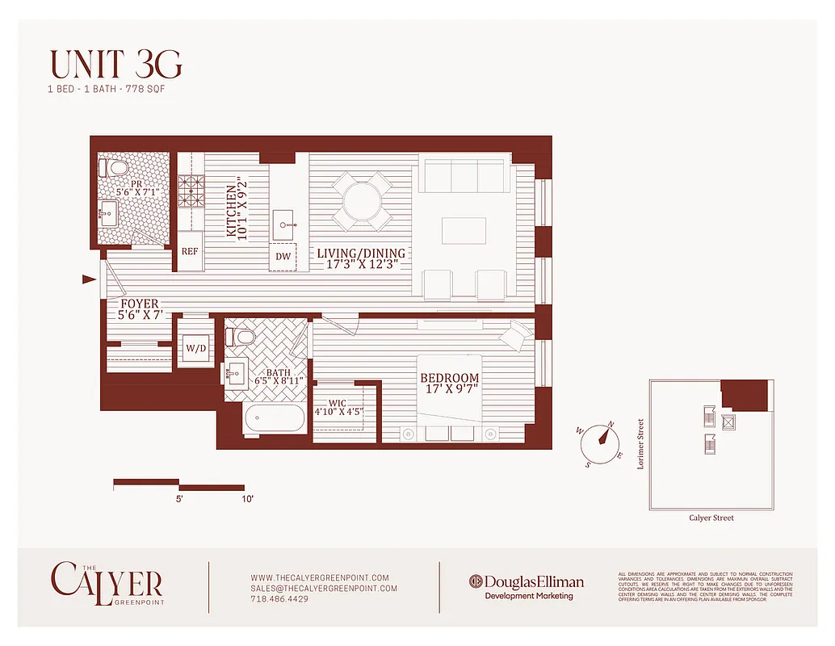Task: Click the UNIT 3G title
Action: [115, 65]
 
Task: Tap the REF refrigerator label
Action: [190, 252]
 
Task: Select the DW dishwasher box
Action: [283, 257]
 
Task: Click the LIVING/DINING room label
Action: [360, 258]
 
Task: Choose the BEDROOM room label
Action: [449, 383]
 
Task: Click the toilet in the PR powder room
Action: [113, 169]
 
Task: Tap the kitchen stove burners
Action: [191, 191]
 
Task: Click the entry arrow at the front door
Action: [89, 279]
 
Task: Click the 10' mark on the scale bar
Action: [246, 500]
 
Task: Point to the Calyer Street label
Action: [711, 518]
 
